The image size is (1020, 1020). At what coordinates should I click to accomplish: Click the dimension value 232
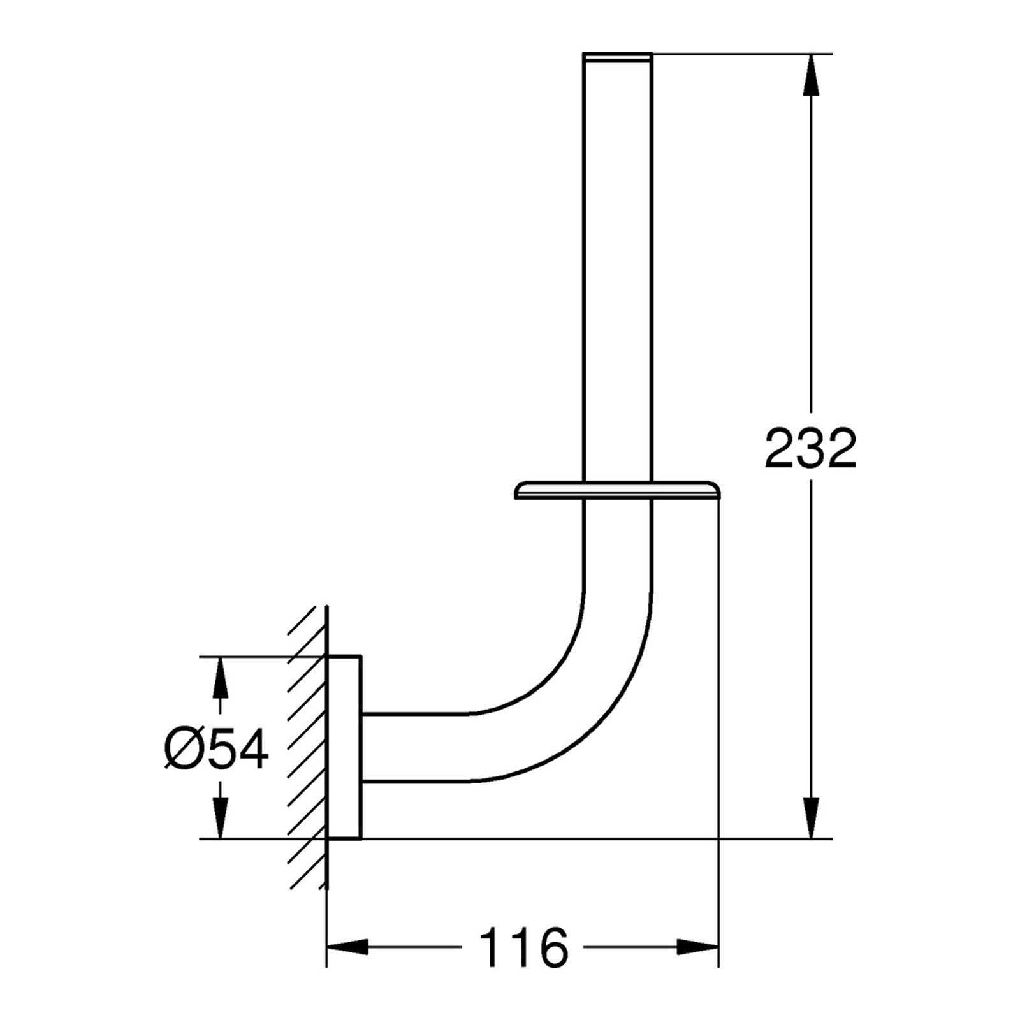click(x=810, y=448)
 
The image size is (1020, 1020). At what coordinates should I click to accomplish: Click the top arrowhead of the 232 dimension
click(x=810, y=75)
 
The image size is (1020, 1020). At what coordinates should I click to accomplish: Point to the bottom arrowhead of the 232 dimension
click(x=810, y=818)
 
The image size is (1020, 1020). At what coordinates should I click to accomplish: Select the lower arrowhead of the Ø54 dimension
click(x=221, y=818)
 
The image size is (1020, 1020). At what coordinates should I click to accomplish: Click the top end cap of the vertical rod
click(x=618, y=57)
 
